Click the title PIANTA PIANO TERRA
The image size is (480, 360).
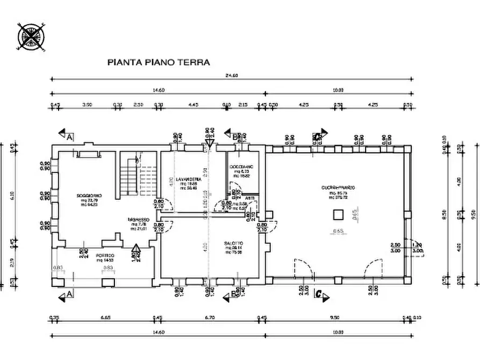coord(159,62)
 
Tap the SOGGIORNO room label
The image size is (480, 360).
coord(89,196)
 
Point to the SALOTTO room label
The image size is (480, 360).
coord(234,243)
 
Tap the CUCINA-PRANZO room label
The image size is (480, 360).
coord(338,188)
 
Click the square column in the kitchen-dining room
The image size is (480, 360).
coord(338,215)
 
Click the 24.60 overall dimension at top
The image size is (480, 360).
coord(232,75)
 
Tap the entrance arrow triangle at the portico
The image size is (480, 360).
coord(135,248)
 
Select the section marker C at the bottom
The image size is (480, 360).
coord(318,293)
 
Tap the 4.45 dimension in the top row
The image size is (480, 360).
coord(194,105)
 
